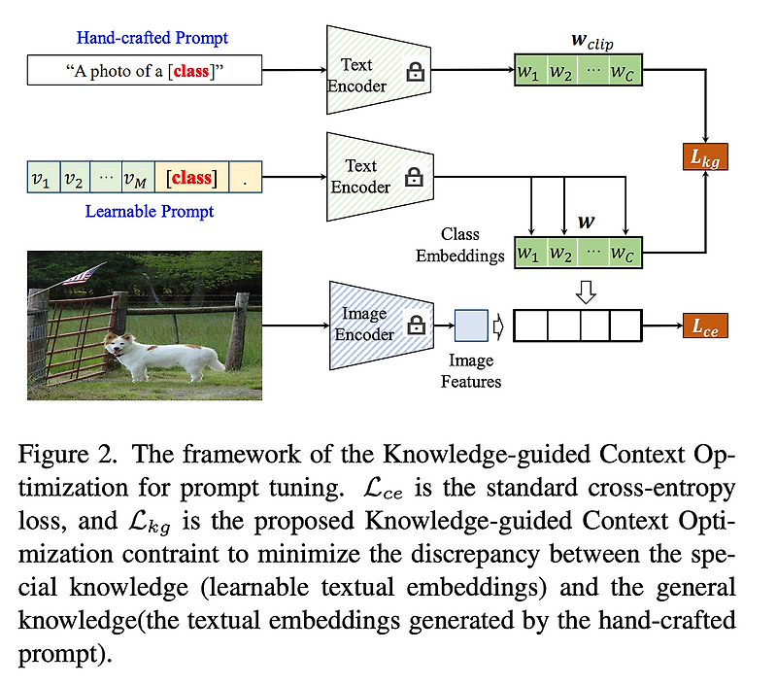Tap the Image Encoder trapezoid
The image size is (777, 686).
[373, 325]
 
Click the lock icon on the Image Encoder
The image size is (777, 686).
[416, 326]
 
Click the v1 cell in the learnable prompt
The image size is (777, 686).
[41, 178]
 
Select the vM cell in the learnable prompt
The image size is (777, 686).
[136, 178]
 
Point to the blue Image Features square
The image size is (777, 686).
[472, 326]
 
